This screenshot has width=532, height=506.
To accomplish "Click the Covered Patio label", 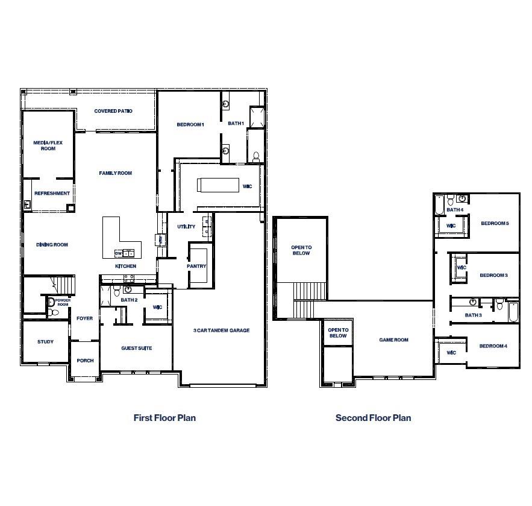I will coord(113,112).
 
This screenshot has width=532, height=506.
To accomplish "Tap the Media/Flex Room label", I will coord(48,145).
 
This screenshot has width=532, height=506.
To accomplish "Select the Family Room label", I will coord(115,174).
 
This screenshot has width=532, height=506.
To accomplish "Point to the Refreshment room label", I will coord(52,194).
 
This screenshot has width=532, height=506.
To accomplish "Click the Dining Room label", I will coord(52,245).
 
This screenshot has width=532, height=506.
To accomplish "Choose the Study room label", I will coord(45,342).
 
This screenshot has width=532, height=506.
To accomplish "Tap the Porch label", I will coord(85,361).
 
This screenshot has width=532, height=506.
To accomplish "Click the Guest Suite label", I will coord(137,349).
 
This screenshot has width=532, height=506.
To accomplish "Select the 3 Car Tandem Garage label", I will coord(221,330).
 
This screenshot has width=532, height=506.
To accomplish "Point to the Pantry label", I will coord(197,267).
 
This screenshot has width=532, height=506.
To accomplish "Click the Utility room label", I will coord(186,227).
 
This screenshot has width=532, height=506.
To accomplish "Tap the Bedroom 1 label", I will coord(190,125).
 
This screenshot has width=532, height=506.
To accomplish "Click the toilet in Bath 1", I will coord(255,157).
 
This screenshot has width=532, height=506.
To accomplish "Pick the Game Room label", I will coord(393,340).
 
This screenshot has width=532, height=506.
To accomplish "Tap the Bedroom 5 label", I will coord(495,224).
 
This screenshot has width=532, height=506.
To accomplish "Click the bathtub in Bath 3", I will coord(513,312).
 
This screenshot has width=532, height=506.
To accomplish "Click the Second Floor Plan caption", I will coord(373,418).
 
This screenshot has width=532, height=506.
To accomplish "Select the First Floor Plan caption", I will coord(164,418).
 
